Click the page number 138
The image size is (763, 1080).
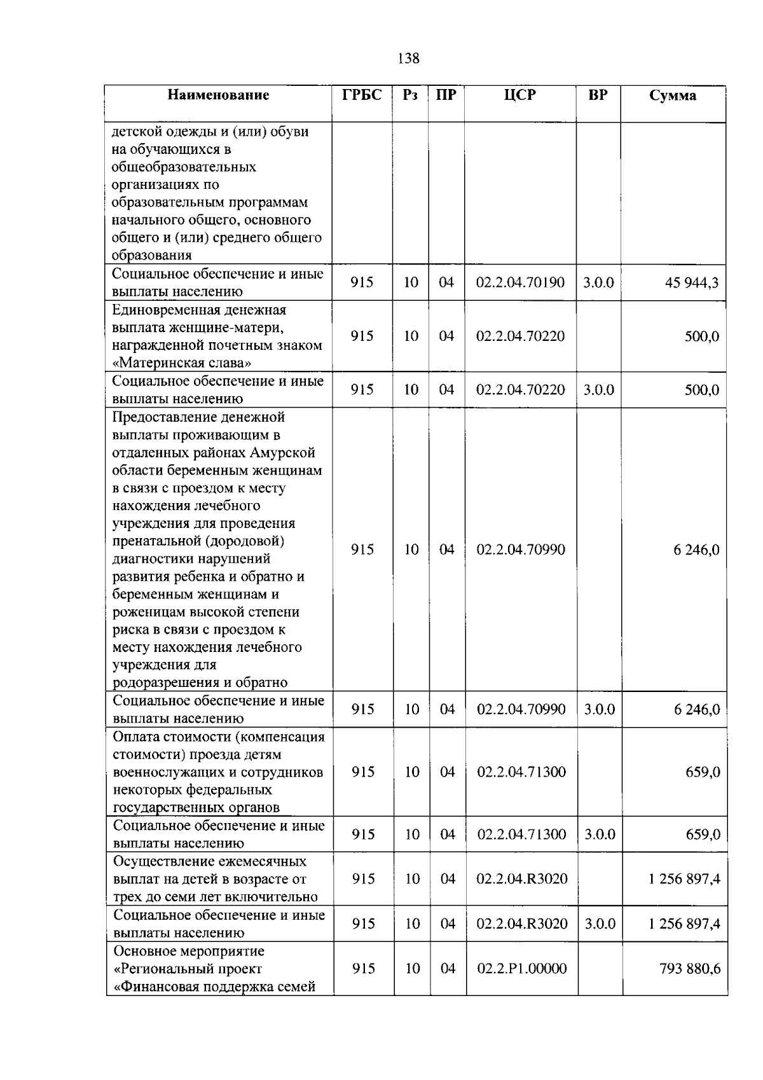pyautogui.click(x=408, y=59)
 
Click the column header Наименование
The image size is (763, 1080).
pyautogui.click(x=218, y=95)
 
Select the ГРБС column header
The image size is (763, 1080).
pyautogui.click(x=362, y=95)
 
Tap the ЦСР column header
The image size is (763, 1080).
pyautogui.click(x=519, y=95)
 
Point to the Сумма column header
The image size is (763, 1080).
pyautogui.click(x=672, y=96)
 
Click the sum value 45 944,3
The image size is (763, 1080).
pyautogui.click(x=692, y=282)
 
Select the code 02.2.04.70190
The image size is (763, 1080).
pyautogui.click(x=520, y=282)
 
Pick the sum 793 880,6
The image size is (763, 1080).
pyautogui.click(x=690, y=969)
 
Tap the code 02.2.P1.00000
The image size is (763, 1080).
pyautogui.click(x=521, y=969)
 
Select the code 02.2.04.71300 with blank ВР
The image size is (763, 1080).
pyautogui.click(x=521, y=772)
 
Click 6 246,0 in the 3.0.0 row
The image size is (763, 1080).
pyautogui.click(x=697, y=709)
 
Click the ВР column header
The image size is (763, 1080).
pyautogui.click(x=598, y=95)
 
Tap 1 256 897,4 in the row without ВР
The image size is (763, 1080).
pyautogui.click(x=684, y=879)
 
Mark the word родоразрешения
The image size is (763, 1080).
pyautogui.click(x=166, y=683)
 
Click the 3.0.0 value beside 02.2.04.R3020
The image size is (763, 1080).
pyautogui.click(x=600, y=924)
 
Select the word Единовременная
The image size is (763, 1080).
pyautogui.click(x=167, y=310)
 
